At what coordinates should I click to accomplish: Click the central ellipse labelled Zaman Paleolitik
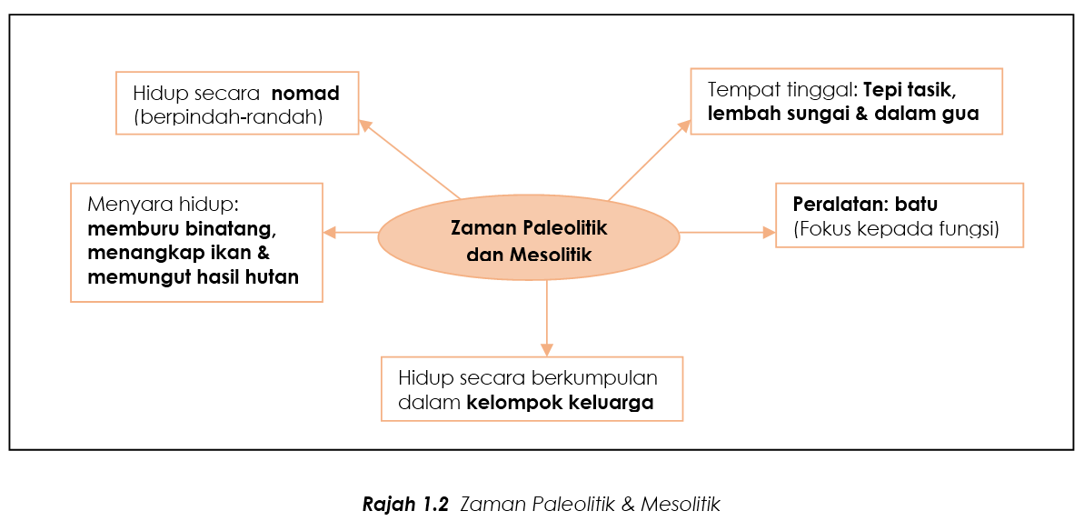click(x=529, y=233)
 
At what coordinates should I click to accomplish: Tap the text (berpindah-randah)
click(x=229, y=117)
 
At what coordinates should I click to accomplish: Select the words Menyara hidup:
click(x=164, y=206)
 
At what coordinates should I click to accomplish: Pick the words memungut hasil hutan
click(x=194, y=276)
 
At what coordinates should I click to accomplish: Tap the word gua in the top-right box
click(x=962, y=115)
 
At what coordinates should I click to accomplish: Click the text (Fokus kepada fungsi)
click(x=897, y=229)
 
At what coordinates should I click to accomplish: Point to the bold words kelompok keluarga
click(x=560, y=402)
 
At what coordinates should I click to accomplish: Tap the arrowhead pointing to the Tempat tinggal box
click(x=683, y=126)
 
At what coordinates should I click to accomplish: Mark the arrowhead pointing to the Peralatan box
click(x=769, y=233)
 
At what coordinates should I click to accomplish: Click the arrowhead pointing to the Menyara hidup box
click(x=331, y=233)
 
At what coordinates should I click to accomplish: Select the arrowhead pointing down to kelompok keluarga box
click(x=547, y=349)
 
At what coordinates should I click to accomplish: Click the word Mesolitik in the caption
click(x=681, y=504)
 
